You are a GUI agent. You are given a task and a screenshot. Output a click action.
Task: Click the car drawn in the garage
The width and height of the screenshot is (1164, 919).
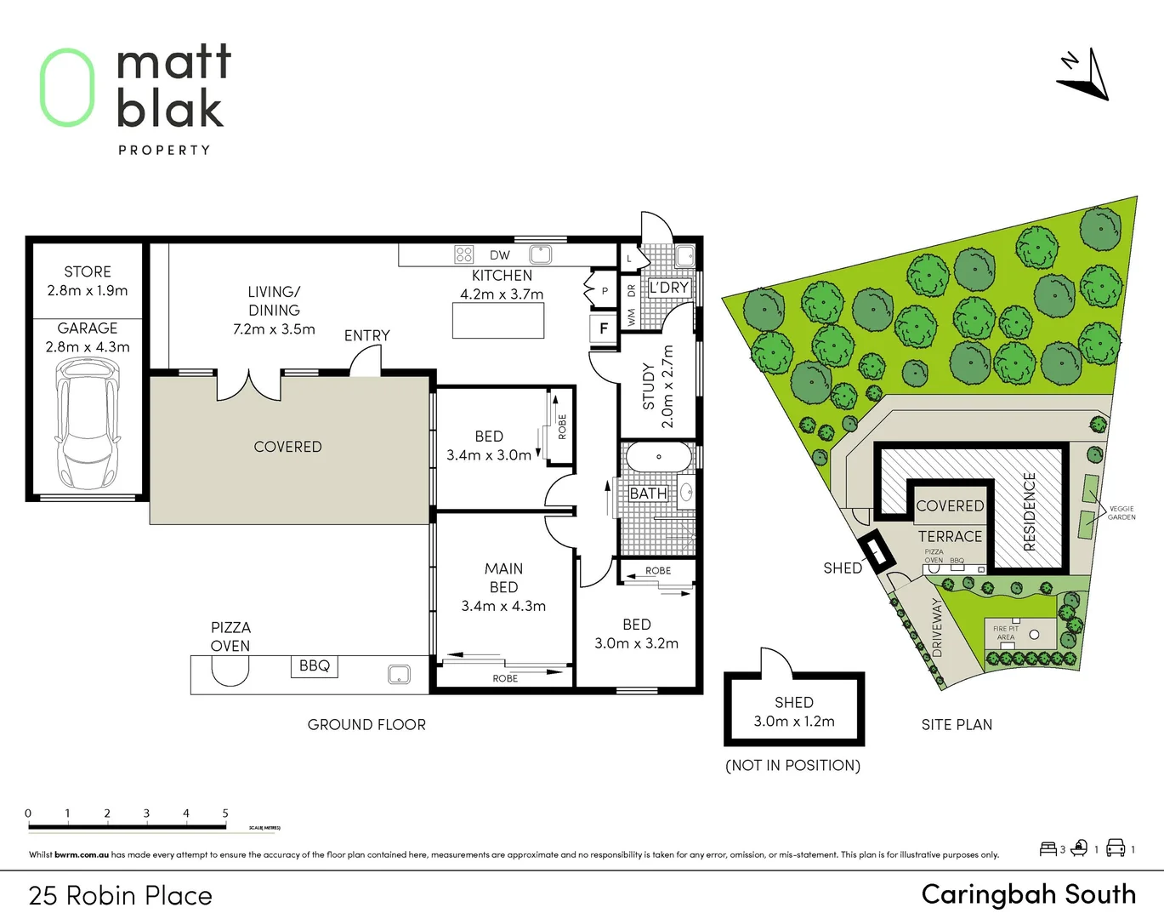click(x=88, y=423)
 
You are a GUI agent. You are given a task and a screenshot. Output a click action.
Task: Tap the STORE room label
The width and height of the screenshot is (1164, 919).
click(x=88, y=271)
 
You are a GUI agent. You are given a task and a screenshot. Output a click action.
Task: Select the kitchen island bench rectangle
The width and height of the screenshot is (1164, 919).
click(x=498, y=321)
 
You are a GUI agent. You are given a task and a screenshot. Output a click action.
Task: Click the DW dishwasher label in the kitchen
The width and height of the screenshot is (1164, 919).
click(x=500, y=255)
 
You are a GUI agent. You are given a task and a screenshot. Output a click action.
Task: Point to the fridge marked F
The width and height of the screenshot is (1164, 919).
click(x=604, y=328)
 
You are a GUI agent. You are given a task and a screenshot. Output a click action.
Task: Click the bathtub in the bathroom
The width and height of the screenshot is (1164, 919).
click(x=659, y=457)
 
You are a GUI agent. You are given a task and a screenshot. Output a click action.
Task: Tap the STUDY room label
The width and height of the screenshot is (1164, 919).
click(x=649, y=386)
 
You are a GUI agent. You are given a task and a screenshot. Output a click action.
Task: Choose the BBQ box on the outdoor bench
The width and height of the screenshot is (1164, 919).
click(x=315, y=666)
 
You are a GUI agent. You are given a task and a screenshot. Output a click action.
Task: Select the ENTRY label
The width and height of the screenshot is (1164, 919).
click(x=367, y=335)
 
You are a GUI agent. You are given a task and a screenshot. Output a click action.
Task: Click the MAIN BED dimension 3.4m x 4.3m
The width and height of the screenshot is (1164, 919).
click(x=503, y=606)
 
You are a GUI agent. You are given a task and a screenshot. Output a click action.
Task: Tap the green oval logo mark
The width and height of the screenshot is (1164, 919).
click(x=67, y=88)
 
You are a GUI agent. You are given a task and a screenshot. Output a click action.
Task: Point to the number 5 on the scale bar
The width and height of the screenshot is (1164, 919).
click(x=225, y=813)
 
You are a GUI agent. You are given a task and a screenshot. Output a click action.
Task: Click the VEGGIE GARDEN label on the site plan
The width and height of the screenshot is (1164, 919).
click(x=1121, y=513)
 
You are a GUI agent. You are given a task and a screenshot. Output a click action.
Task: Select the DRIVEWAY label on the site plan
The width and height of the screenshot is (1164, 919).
click(x=937, y=626)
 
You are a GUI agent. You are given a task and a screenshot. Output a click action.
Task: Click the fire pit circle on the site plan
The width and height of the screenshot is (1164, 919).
click(x=1035, y=634)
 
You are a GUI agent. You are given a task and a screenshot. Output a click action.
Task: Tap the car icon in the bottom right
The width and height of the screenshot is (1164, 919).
click(x=1116, y=848)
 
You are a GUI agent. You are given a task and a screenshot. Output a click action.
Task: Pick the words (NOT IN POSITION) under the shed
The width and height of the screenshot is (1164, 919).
click(x=793, y=765)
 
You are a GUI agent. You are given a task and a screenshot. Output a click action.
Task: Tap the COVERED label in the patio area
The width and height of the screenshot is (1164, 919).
click(x=287, y=447)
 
